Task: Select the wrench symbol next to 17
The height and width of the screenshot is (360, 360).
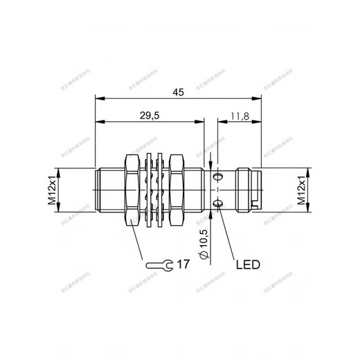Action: pyautogui.click(x=160, y=265)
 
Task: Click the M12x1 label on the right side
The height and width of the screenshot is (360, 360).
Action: pyautogui.click(x=303, y=190)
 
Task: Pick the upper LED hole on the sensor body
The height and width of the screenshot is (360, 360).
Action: pyautogui.click(x=219, y=177)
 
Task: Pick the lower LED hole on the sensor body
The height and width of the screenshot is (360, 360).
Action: pyautogui.click(x=219, y=203)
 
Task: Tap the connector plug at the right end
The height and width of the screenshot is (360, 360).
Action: pyautogui.click(x=247, y=190)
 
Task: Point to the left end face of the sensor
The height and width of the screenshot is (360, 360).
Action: pyautogui.click(x=96, y=190)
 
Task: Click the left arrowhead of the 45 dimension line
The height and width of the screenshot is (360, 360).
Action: pyautogui.click(x=98, y=97)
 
